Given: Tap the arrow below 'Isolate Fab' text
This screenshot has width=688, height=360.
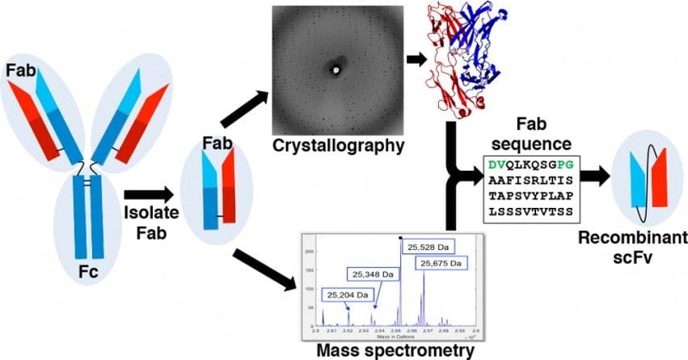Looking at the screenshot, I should (x=149, y=194).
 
